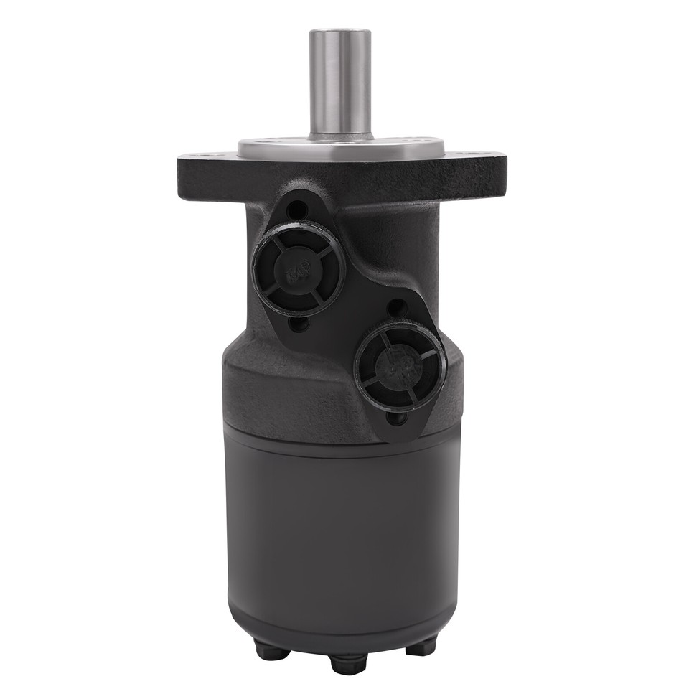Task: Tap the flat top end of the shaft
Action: [339, 32]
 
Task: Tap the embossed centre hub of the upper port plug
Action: [296, 272]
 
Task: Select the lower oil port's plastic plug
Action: [398, 365]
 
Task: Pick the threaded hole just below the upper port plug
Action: [301, 322]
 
